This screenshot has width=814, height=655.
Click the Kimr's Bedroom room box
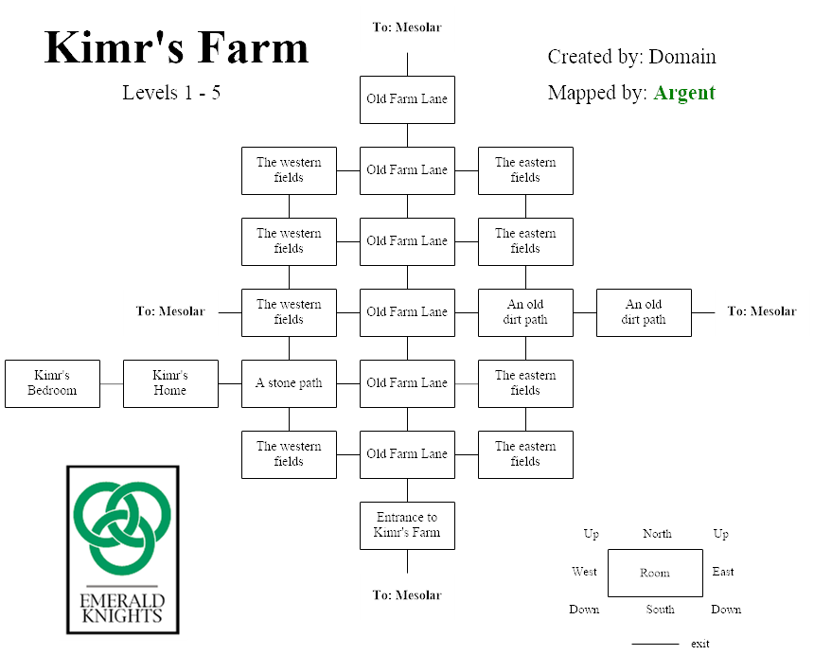tap(52, 383)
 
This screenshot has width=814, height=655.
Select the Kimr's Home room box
tap(170, 383)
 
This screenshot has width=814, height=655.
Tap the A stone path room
tap(289, 383)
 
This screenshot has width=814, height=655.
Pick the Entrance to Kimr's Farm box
tap(407, 525)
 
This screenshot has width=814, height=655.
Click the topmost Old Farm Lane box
tap(407, 99)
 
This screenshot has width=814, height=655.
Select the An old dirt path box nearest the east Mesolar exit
tap(644, 312)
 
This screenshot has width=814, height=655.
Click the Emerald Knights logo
tap(122, 549)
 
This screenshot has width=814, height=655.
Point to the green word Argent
tap(684, 93)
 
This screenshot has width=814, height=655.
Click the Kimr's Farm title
tap(176, 47)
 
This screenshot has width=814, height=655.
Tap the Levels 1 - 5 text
tap(171, 93)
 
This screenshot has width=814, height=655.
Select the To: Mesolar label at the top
tap(407, 27)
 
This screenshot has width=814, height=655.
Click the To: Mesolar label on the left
tap(170, 311)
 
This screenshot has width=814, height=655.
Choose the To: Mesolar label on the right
tap(762, 311)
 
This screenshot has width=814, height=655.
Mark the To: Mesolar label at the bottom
tap(407, 595)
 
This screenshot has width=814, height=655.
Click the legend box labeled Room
tap(655, 573)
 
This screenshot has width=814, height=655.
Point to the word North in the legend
tap(657, 534)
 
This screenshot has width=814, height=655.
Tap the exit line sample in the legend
tap(655, 644)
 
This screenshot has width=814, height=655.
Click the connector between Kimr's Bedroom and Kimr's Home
tap(112, 383)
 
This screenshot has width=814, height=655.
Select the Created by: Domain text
tap(631, 57)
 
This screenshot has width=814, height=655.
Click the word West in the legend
tap(584, 572)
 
